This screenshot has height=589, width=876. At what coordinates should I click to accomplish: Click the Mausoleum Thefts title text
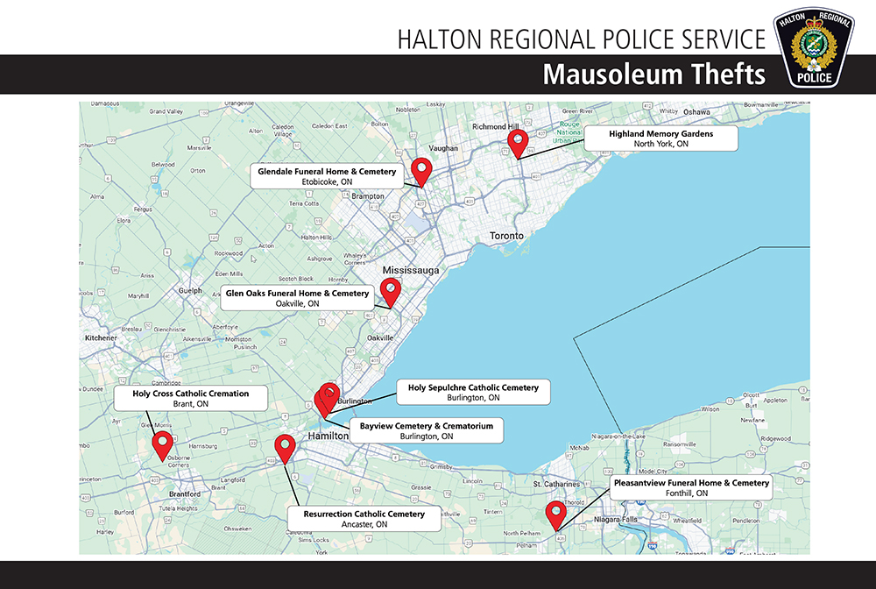pos(653,75)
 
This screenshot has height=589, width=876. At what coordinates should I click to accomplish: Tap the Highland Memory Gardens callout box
pos(661,138)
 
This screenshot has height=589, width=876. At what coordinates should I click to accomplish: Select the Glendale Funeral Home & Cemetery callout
pos(327,175)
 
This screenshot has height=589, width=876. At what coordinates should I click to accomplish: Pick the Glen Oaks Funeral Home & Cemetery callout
pos(298,298)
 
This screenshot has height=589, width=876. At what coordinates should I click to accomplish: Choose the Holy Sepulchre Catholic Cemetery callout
pos(473,392)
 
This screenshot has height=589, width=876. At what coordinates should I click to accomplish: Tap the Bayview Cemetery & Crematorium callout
pos(427,430)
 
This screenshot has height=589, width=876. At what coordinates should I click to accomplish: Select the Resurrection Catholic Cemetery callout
pos(364,518)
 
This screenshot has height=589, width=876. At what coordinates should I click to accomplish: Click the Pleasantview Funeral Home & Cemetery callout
pos(691,487)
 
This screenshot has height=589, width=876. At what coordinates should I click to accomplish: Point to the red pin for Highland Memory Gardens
pos(518,141)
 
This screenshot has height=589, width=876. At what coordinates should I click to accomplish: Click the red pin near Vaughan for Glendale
pos(423,170)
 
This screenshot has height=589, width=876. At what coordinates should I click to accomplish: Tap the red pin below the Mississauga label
pos(391,291)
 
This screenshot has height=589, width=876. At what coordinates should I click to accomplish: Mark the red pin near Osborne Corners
pos(162,444)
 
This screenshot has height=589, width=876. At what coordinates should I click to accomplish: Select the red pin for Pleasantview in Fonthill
pos(555,513)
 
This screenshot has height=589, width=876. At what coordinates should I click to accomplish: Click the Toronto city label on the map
pos(506,236)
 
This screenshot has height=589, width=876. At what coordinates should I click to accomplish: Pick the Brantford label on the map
pos(180,493)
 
